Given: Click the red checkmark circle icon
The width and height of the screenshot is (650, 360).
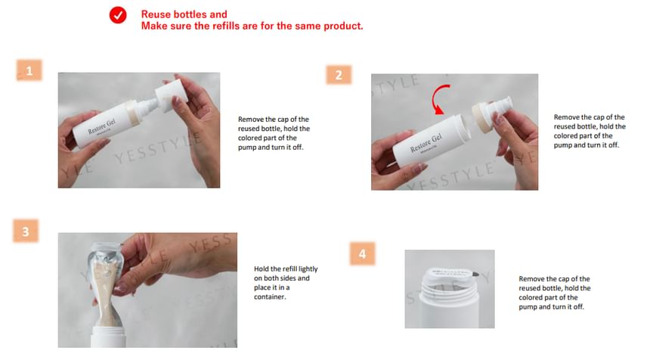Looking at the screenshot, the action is pyautogui.click(x=118, y=15).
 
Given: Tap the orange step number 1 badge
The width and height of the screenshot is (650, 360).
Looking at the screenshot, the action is pyautogui.click(x=29, y=70).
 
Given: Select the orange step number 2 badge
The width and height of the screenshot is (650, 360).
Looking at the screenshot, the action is pyautogui.click(x=339, y=75).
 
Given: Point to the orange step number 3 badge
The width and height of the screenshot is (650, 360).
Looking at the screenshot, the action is pyautogui.click(x=26, y=231).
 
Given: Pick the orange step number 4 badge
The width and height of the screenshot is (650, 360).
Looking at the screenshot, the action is pyautogui.click(x=362, y=253).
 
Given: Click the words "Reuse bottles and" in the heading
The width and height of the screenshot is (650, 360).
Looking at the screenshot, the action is pyautogui.click(x=184, y=14).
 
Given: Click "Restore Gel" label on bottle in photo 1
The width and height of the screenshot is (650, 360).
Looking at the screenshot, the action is pyautogui.click(x=101, y=126).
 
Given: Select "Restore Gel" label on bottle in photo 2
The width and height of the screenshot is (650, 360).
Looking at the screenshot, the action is pyautogui.click(x=426, y=143).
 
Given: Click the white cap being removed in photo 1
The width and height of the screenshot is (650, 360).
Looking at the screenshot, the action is pyautogui.click(x=170, y=95).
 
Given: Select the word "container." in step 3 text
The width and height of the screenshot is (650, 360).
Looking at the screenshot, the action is pyautogui.click(x=270, y=296).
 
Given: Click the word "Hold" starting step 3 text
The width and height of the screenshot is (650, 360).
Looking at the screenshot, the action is pyautogui.click(x=262, y=268).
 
